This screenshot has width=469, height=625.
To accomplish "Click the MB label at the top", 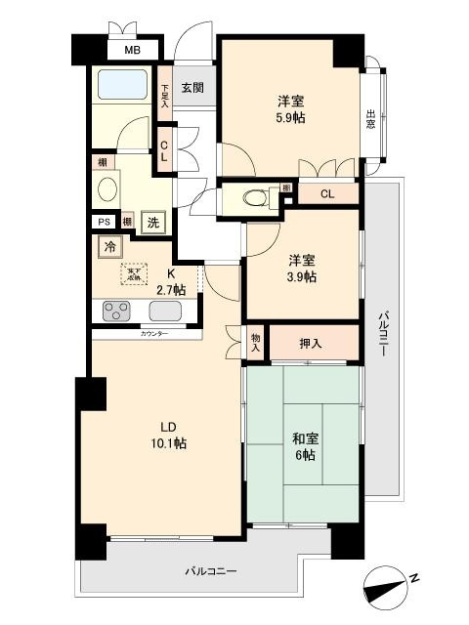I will [x=131, y=52].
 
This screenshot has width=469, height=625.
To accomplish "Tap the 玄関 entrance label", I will [x=192, y=87].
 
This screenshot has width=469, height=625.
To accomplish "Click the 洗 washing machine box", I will [x=153, y=222].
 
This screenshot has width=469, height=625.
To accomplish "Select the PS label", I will [x=103, y=222].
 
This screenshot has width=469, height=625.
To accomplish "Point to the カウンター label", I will [x=154, y=334].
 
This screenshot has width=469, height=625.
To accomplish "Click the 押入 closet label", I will [x=310, y=344].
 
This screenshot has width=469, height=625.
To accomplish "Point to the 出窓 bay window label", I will [x=372, y=118].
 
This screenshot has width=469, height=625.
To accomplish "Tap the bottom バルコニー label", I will [x=211, y=571].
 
